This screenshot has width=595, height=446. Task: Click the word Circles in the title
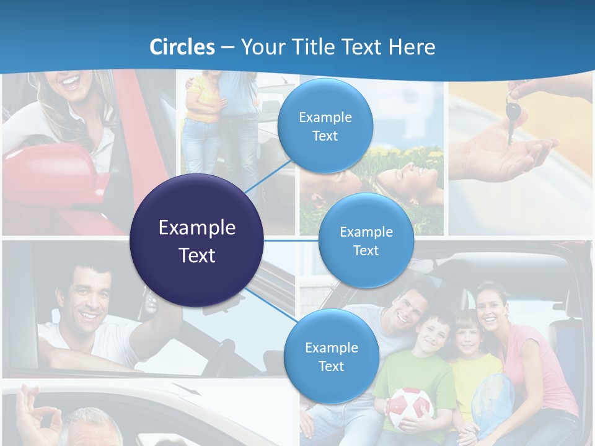[x=182, y=47]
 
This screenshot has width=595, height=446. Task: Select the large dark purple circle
[x=196, y=240]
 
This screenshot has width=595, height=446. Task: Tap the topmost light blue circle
[x=325, y=126]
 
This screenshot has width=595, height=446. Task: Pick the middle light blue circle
[x=366, y=240]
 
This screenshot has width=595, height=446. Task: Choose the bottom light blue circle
[x=331, y=356]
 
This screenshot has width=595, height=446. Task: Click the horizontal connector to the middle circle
[x=291, y=240]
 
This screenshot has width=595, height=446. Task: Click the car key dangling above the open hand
[x=512, y=118]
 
